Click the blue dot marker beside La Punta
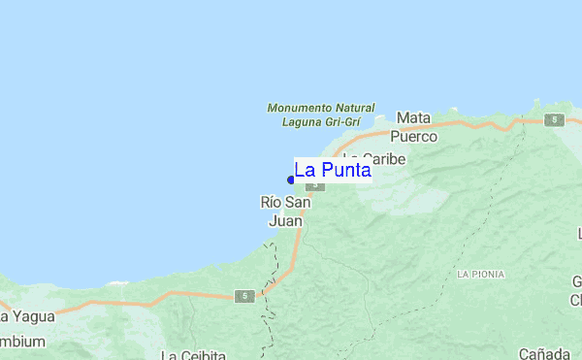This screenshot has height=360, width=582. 291,179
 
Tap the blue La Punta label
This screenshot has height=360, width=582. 333,171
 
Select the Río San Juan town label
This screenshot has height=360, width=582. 285,212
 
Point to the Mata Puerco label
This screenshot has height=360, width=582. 414,127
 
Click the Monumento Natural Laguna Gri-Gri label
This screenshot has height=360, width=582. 313,115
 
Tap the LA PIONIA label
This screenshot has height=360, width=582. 481,275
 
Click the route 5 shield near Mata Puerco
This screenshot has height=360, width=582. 554,119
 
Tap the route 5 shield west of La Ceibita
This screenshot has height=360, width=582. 245,295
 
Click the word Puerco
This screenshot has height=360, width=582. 414,137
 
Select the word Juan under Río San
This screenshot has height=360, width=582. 285,221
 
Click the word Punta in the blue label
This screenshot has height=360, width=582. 349,171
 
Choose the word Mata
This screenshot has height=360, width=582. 414,117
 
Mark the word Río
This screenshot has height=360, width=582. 272,203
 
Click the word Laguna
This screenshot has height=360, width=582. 301,122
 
